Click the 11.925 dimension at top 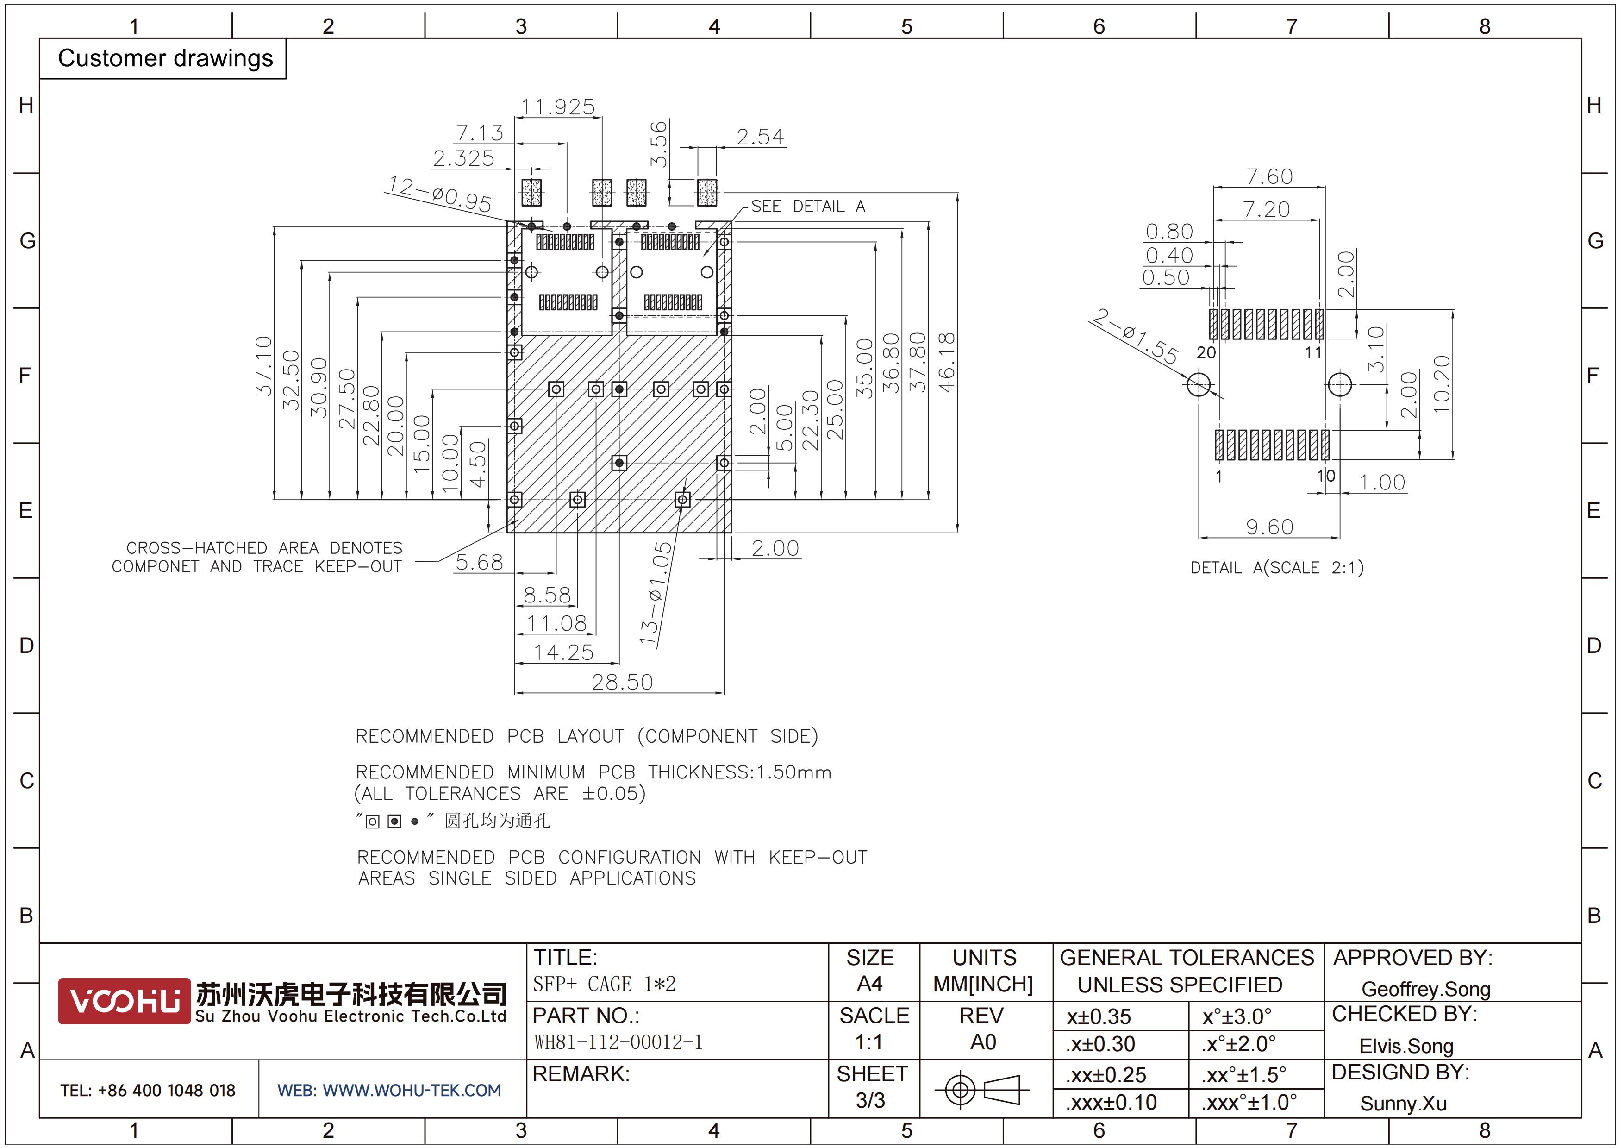tap(558, 107)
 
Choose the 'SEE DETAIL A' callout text tap(808, 207)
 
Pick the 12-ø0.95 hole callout tap(439, 194)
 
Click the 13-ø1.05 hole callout tap(655, 593)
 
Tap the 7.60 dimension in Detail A tap(1269, 176)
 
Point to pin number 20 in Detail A tap(1206, 352)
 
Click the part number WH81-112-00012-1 tap(618, 1042)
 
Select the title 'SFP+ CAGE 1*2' tap(605, 984)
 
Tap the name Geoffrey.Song tap(1426, 989)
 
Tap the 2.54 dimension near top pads tap(760, 137)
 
